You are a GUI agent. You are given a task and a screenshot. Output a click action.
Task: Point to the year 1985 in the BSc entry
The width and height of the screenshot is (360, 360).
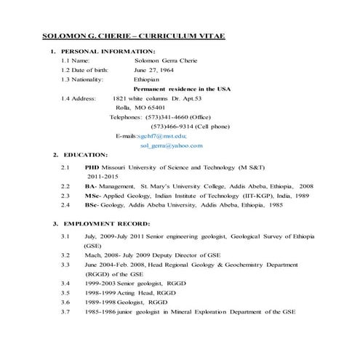pyautogui.click(x=275, y=206)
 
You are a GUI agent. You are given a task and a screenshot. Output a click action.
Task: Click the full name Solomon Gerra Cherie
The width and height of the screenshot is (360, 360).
pyautogui.click(x=175, y=60)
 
